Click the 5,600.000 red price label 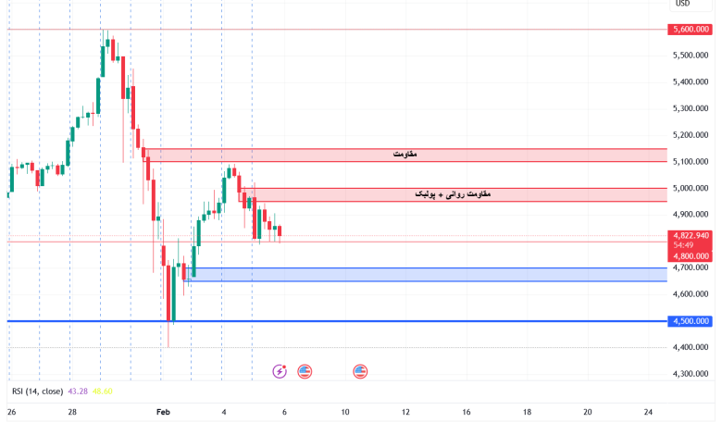(x=691, y=30)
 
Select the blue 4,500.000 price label (x=691, y=321)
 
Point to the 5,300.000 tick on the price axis (x=691, y=108)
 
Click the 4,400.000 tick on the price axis (x=691, y=347)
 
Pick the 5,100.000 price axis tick (x=691, y=162)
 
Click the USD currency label (x=682, y=4)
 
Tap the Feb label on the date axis (x=164, y=412)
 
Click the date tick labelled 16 (x=466, y=412)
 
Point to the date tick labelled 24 (x=648, y=412)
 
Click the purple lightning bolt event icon (x=280, y=371)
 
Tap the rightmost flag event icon (x=360, y=371)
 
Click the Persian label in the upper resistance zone (x=405, y=155)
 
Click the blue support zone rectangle (x=426, y=275)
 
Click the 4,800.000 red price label (x=691, y=255)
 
